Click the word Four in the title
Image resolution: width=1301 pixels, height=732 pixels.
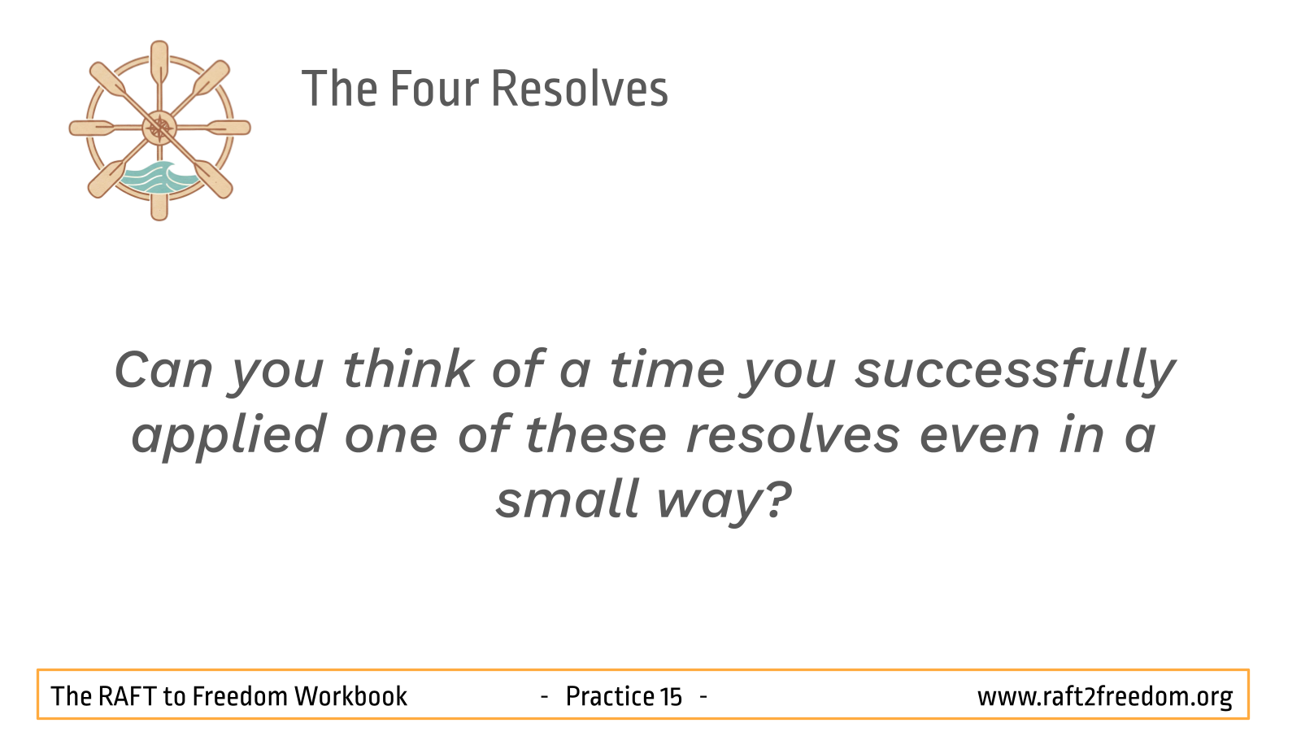[434, 89]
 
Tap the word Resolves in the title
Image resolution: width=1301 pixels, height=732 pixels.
[580, 89]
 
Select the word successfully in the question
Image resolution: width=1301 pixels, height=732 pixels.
[1016, 371]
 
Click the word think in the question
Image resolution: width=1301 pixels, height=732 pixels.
[407, 369]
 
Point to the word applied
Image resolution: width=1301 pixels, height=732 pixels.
[228, 437]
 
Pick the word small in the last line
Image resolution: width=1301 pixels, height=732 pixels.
[567, 500]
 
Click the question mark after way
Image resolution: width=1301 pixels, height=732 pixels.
[777, 499]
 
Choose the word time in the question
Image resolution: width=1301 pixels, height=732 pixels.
[668, 371]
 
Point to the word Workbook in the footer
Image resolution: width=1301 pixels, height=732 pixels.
[350, 696]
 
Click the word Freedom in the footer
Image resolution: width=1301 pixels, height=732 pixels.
[240, 696]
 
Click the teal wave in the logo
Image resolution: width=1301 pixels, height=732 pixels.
[158, 179]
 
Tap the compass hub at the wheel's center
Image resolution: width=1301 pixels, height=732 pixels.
[159, 128]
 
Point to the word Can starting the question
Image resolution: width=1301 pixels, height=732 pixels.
[163, 371]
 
